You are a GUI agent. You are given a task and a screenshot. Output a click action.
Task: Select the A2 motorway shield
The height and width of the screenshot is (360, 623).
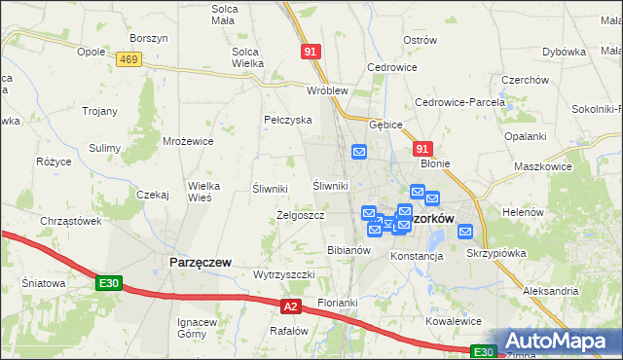290,306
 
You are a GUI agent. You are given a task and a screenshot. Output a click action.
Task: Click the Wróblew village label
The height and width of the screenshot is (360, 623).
327,90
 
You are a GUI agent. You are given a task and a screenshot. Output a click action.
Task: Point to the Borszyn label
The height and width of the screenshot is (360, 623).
149,38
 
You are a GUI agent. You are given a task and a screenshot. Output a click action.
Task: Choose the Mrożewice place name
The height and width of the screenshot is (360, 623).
188,141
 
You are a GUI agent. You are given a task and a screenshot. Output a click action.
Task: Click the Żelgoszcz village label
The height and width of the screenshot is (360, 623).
300,215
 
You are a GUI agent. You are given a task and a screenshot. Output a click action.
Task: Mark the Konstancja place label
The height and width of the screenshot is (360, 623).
417,256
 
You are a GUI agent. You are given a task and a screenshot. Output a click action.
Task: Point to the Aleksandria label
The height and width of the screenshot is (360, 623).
550,291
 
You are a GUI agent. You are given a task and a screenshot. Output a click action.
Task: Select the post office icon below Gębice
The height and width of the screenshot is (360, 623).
359,152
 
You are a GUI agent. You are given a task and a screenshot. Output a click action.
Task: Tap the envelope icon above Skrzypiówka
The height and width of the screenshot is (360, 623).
465,232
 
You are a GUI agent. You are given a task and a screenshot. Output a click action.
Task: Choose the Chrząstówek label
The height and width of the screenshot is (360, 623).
71,221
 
